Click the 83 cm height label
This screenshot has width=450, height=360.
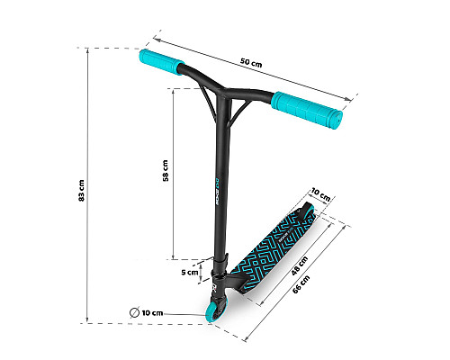81,191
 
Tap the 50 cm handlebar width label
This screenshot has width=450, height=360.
251,62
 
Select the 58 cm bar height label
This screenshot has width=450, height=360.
166,170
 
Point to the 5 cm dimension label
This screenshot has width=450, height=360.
190,273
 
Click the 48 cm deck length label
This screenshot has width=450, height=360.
300,265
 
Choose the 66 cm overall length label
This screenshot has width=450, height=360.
301,284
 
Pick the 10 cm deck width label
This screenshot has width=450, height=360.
320,194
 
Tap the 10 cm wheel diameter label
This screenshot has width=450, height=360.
152,313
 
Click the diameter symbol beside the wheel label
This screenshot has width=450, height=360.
134,312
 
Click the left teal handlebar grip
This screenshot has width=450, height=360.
161,62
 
